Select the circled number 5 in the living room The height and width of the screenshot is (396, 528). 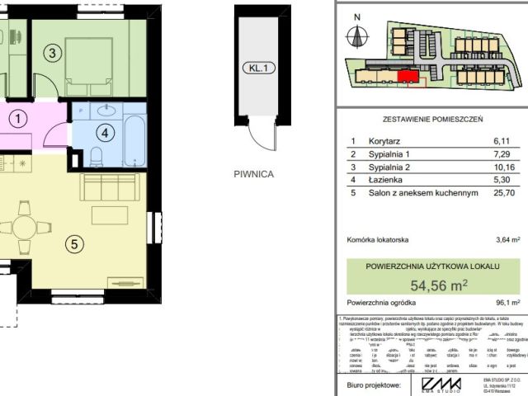click(x=75, y=243)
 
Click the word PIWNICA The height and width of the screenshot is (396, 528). click(x=252, y=174)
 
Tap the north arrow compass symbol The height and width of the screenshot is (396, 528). click(x=356, y=35)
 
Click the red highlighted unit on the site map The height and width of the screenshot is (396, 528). click(x=408, y=77)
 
